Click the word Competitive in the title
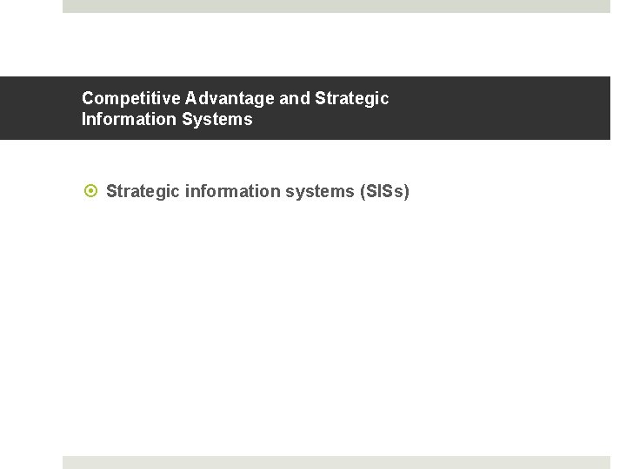130,98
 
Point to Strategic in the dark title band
352,98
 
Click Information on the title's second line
130,119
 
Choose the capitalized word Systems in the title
217,119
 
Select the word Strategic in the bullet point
143,191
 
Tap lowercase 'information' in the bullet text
233,191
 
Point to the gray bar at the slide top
336,6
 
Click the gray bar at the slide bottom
336,462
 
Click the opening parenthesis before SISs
362,191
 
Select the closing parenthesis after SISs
406,191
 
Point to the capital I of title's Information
84,119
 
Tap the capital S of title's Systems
188,119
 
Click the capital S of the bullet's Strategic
111,191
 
